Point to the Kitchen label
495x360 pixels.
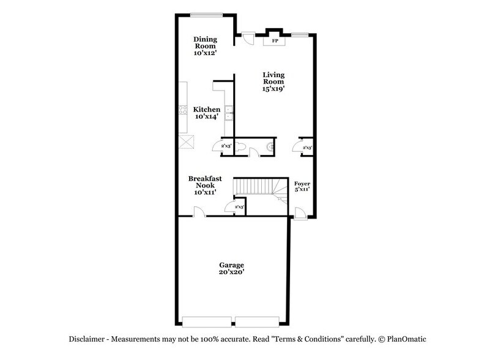(207, 110)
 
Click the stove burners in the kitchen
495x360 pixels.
(182, 110)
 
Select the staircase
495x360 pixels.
(257, 186)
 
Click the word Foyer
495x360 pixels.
(302, 183)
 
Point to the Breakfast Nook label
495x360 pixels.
(204, 182)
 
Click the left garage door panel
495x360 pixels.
(207, 320)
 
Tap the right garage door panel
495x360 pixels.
(258, 320)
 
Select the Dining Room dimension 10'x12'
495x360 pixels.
(206, 53)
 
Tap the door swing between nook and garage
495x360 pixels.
(199, 211)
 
